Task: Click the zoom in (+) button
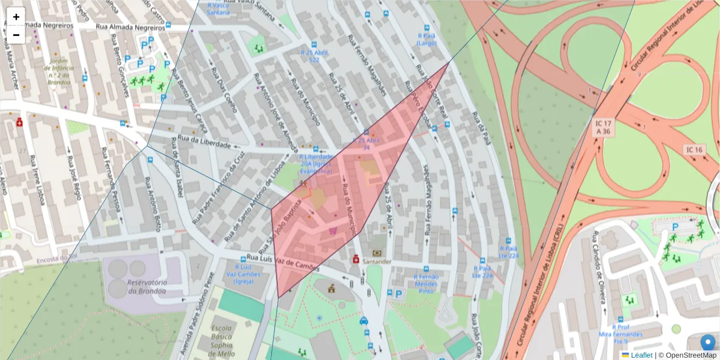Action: click(16, 17)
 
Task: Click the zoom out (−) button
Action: click(16, 35)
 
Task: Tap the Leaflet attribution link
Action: click(641, 355)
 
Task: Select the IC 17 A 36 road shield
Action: click(603, 127)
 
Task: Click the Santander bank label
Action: click(377, 262)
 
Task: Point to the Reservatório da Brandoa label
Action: click(143, 287)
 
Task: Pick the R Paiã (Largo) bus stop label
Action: click(427, 39)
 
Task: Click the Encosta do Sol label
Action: click(57, 259)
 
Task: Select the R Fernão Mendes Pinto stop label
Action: click(427, 283)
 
